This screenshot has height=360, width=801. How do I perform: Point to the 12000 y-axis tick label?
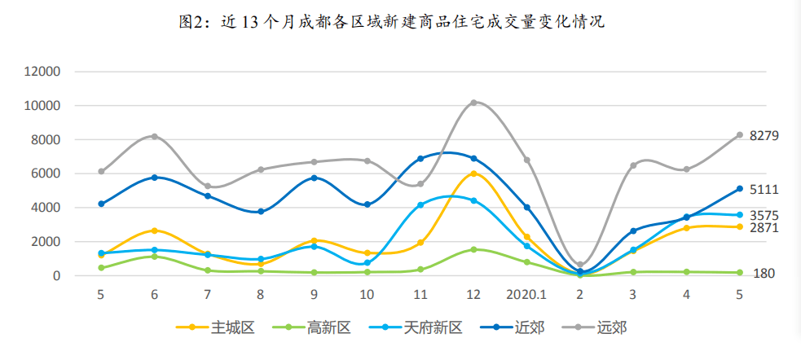pyautogui.click(x=43, y=72)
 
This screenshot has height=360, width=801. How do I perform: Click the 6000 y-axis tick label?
pyautogui.click(x=46, y=173)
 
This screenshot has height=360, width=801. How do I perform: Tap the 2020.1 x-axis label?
pyautogui.click(x=527, y=295)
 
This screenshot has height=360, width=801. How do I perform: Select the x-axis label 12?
pyautogui.click(x=473, y=295)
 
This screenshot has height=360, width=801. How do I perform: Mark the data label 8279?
pyautogui.click(x=764, y=136)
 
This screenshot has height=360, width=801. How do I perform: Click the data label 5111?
pyautogui.click(x=764, y=190)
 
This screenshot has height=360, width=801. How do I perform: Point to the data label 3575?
pyautogui.click(x=764, y=216)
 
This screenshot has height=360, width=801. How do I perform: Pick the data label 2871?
pyautogui.click(x=764, y=229)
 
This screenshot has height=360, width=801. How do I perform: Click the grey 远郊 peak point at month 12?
pyautogui.click(x=473, y=103)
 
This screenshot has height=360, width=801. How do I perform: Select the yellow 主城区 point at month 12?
pyautogui.click(x=473, y=173)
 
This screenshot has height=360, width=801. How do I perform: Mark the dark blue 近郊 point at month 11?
pyautogui.click(x=420, y=159)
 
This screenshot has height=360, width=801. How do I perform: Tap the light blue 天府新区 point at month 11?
pyautogui.click(x=420, y=205)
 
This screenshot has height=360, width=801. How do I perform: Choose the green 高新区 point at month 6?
pyautogui.click(x=154, y=257)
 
